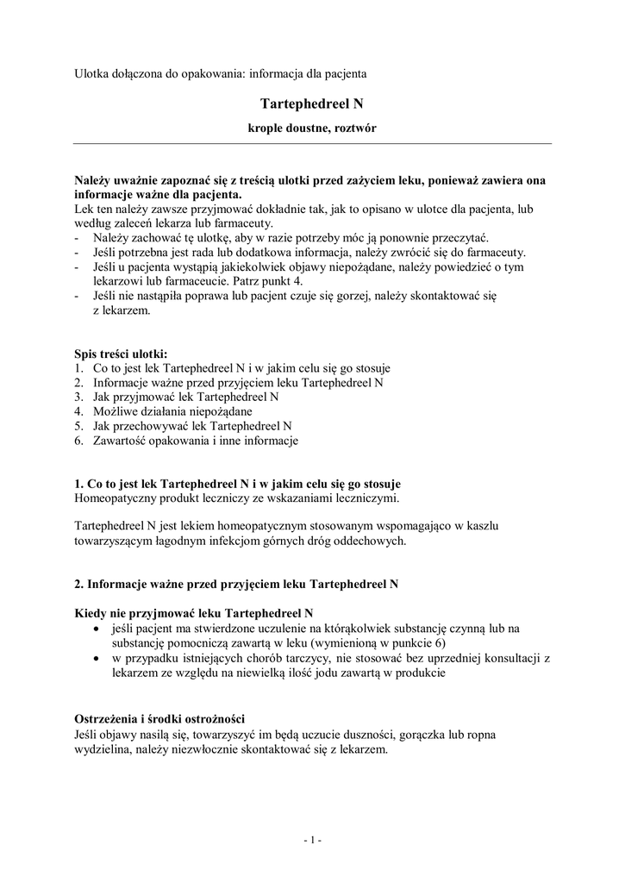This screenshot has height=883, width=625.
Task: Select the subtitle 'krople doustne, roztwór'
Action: pos(311,128)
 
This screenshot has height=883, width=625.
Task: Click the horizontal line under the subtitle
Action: pos(311,143)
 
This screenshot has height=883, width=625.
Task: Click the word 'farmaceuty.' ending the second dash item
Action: pos(495,253)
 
